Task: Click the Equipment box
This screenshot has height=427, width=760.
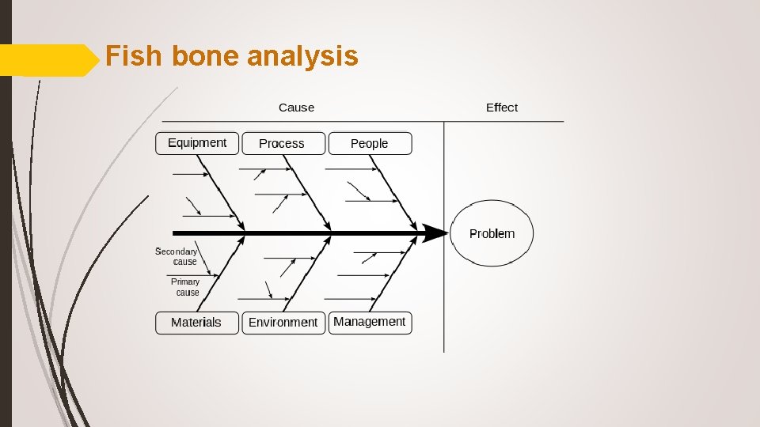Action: pos(197,143)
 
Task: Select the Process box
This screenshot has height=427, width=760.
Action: pos(282,143)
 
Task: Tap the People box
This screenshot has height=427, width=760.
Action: pos(370,143)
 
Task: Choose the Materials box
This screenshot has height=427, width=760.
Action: pos(196,323)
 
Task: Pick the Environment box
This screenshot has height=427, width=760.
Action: pos(283,323)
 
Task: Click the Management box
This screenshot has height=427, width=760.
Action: pos(370,322)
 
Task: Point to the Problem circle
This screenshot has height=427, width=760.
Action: pos(492,233)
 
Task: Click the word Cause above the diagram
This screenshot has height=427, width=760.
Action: pos(296,108)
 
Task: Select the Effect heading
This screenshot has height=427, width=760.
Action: pos(502,108)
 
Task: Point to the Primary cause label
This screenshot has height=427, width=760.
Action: pos(186,286)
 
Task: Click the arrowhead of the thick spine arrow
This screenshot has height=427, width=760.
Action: pos(435,233)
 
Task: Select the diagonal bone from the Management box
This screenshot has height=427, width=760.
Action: pos(393,273)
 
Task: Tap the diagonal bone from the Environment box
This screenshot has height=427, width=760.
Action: pos(307,273)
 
